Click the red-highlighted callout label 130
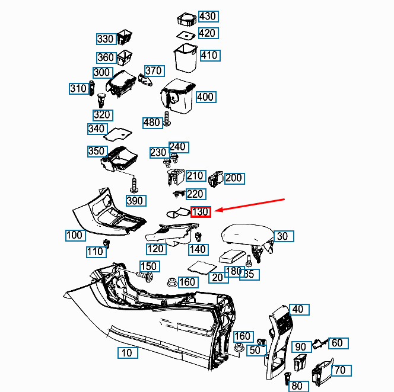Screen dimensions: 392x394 (x=201, y=212)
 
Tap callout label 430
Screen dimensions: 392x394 (x=208, y=16)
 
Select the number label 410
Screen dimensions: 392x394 (x=209, y=56)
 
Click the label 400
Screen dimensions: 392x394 (x=205, y=97)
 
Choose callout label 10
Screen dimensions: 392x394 (x=126, y=353)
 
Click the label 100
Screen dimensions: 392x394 (x=74, y=235)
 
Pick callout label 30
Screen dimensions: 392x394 (x=282, y=236)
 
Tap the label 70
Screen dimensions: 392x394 (x=339, y=371)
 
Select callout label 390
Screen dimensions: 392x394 (x=136, y=201)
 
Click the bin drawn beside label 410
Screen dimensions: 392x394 (x=185, y=57)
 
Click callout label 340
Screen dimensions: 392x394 (x=96, y=129)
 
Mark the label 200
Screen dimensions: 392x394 (x=234, y=178)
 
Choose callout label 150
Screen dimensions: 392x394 (x=148, y=266)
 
